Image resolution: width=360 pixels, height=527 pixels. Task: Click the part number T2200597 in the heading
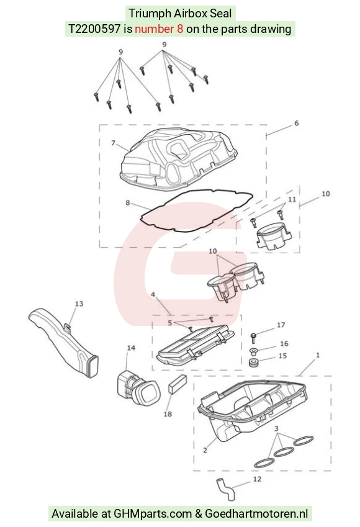click(94, 29)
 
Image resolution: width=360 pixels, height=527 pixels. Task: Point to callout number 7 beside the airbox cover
click(114, 143)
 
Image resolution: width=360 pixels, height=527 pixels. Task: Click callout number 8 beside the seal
click(128, 202)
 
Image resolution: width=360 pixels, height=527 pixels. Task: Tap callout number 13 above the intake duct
click(79, 304)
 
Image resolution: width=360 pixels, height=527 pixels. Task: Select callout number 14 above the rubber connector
click(131, 348)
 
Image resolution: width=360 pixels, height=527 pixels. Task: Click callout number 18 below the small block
click(168, 414)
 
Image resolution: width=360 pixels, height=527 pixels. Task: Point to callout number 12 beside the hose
click(257, 479)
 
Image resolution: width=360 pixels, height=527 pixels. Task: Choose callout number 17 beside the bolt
click(281, 325)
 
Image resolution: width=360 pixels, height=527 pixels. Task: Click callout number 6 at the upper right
click(297, 123)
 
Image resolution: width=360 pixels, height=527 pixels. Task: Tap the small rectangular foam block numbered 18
click(177, 384)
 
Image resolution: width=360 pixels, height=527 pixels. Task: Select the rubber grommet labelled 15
click(253, 363)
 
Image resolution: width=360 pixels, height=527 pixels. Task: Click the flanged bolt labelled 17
click(253, 338)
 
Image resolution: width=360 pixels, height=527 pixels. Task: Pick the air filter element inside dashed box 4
click(196, 346)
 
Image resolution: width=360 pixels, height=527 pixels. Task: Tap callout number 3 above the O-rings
click(276, 428)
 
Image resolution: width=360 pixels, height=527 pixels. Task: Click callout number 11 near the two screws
click(292, 199)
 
